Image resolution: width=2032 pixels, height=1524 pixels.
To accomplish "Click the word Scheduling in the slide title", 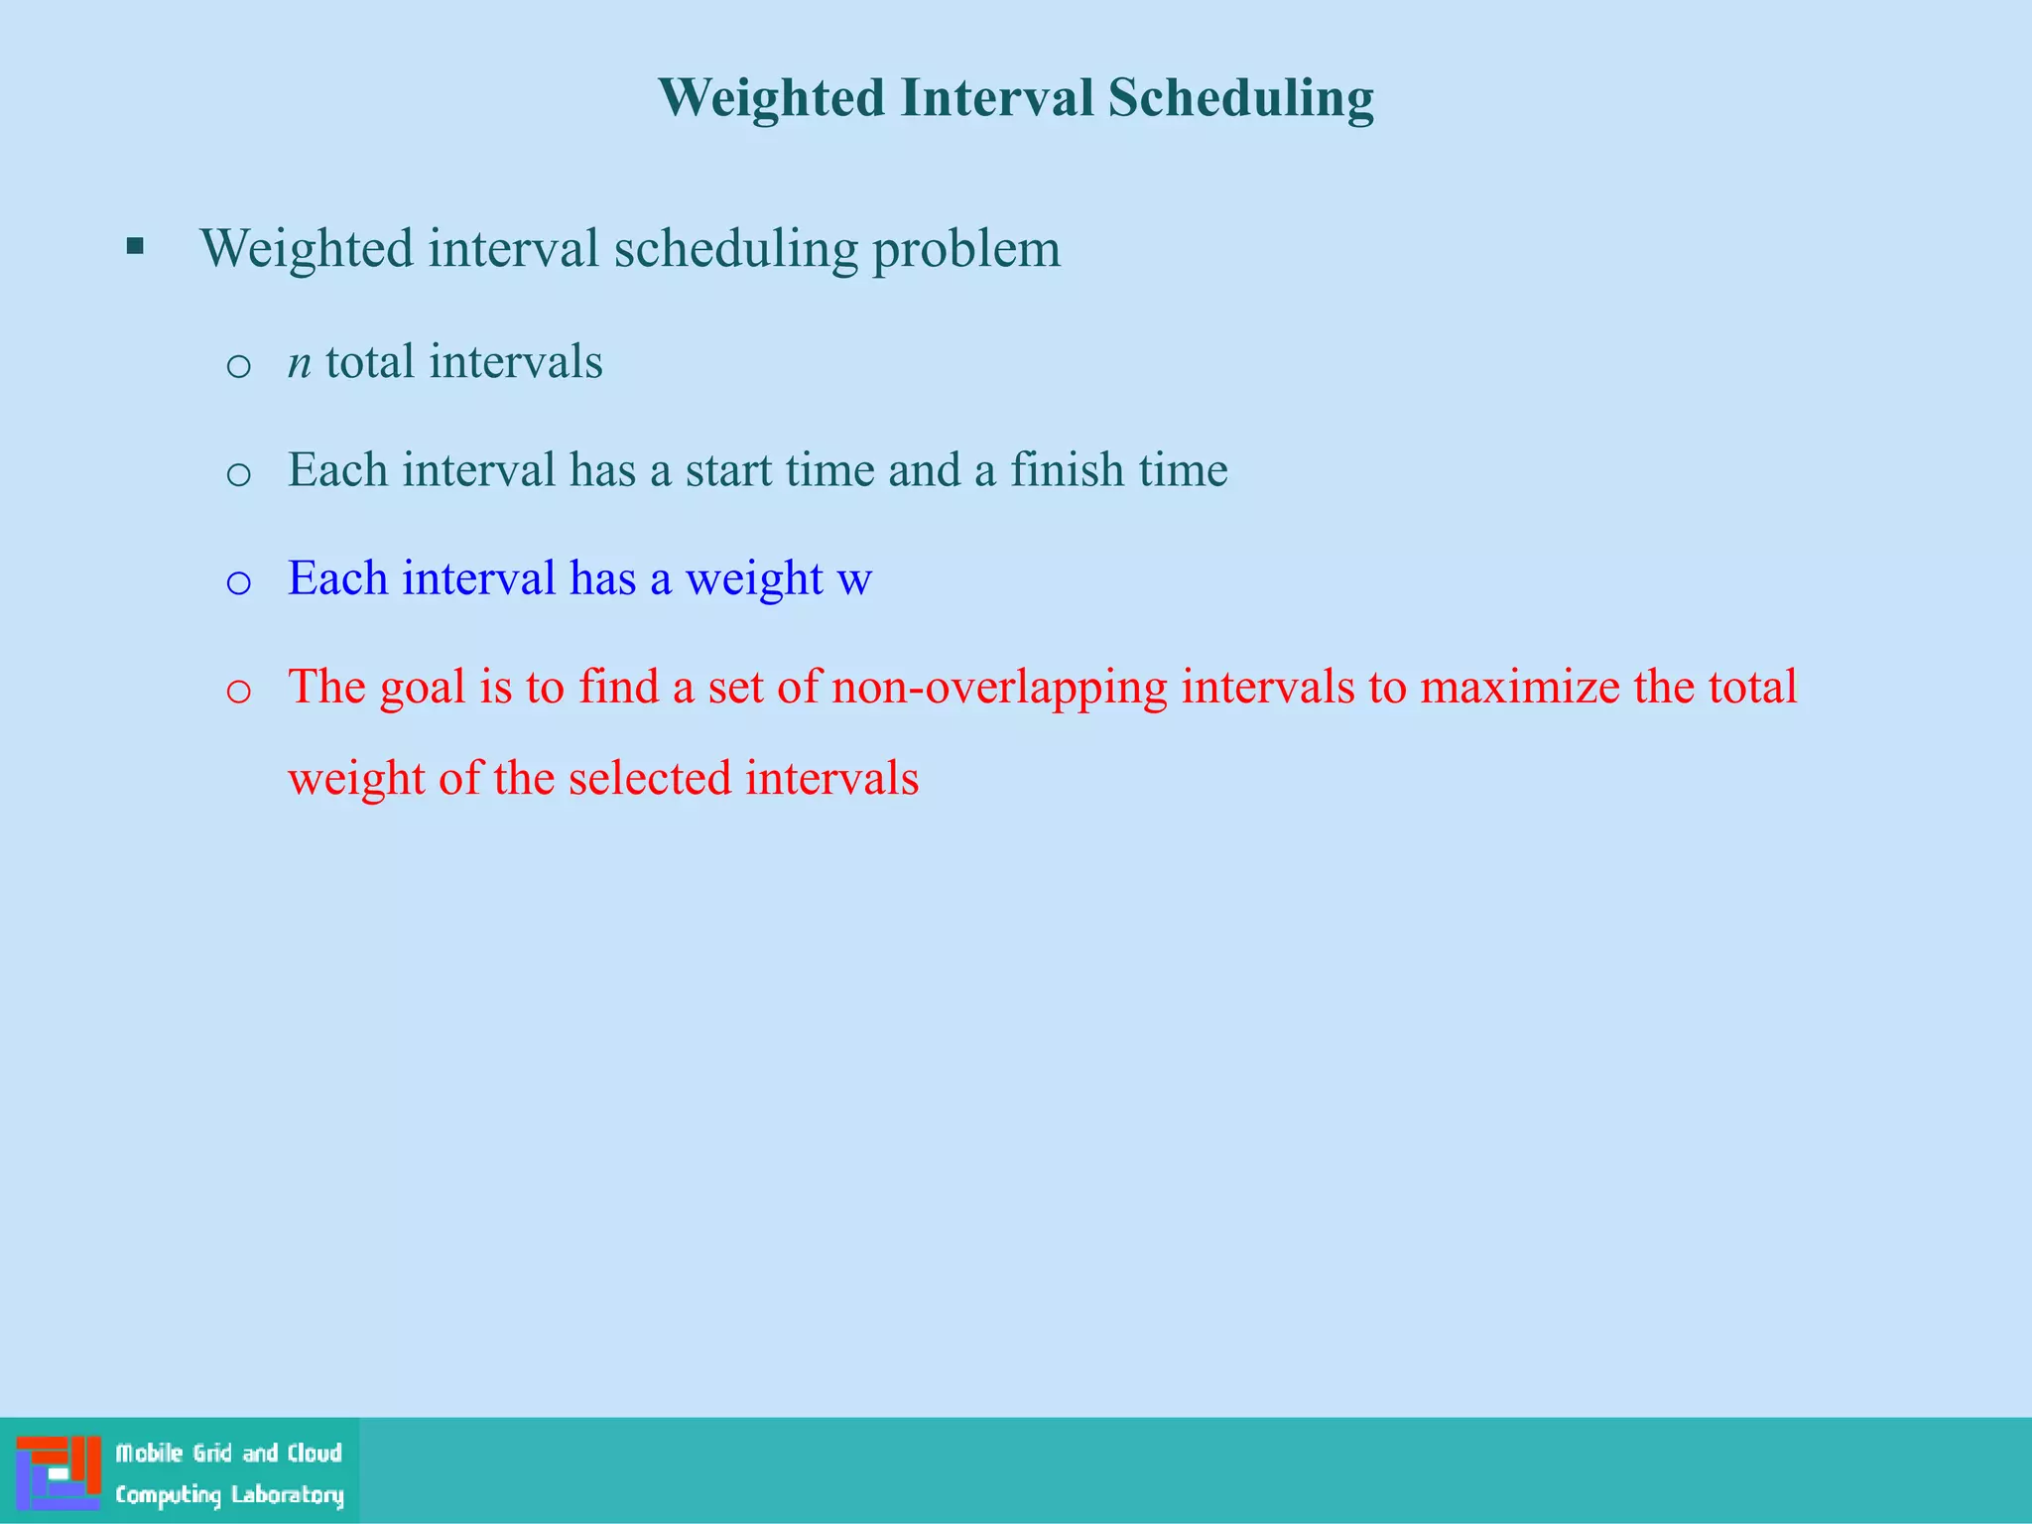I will click(1240, 99).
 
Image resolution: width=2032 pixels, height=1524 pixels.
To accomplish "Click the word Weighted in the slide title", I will click(771, 99).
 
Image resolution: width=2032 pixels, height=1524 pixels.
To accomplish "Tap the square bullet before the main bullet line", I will click(136, 246).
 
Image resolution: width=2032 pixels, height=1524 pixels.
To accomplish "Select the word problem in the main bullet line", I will click(966, 250).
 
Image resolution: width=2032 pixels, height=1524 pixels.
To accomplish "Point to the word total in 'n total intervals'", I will click(369, 361).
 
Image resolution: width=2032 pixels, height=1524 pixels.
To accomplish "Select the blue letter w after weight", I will click(854, 579).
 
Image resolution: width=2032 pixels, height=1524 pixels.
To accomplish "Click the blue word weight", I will click(754, 581).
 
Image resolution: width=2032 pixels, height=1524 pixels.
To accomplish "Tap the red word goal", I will click(423, 690).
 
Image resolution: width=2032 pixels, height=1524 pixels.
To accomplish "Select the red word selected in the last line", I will click(650, 778).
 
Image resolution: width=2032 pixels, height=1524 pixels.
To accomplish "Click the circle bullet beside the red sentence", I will click(238, 692).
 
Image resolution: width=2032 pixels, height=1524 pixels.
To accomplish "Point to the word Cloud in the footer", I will click(315, 1454).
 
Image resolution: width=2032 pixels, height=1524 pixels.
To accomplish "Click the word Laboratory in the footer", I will click(287, 1495).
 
